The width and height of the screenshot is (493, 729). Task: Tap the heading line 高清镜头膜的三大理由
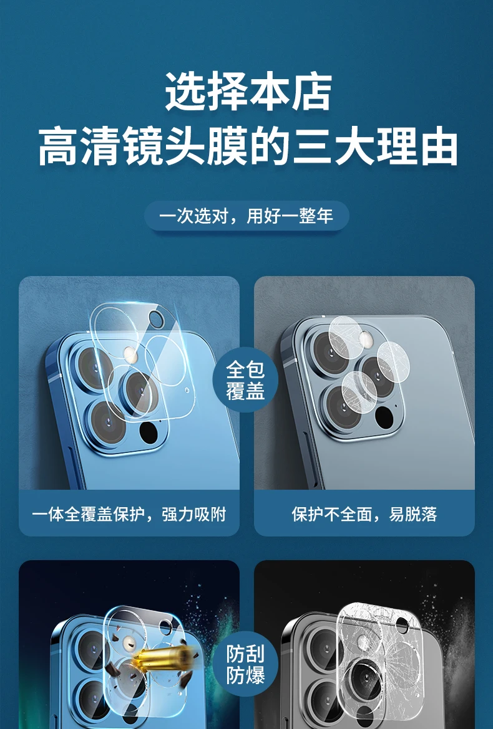247,148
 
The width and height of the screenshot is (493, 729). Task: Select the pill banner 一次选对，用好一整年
246,216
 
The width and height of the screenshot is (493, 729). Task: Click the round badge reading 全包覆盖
245,380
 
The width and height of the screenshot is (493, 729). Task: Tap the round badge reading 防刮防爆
245,664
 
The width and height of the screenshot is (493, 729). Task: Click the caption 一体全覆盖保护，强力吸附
129,514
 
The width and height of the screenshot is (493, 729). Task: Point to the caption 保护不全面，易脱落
364,514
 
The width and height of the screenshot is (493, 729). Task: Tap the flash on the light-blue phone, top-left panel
130,355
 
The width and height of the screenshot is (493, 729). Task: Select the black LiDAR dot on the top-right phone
384,417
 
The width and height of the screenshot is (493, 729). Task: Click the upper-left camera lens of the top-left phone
94,367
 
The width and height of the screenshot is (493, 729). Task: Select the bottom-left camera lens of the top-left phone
107,423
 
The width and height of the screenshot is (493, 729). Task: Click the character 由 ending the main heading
439,148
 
